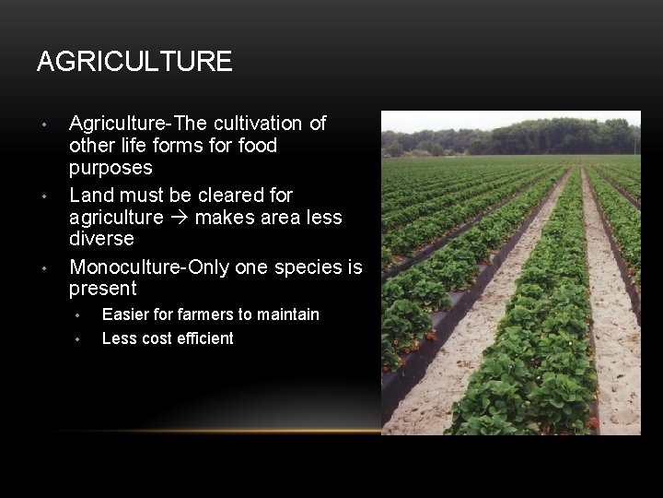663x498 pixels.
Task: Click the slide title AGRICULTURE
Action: (x=134, y=62)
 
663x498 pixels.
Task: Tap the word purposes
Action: (x=110, y=169)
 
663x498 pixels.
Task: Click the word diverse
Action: (x=101, y=239)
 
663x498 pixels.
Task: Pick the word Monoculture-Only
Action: (x=149, y=267)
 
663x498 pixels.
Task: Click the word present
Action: (x=102, y=289)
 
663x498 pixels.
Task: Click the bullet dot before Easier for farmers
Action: (x=79, y=315)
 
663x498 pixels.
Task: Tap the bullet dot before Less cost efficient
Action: (x=79, y=339)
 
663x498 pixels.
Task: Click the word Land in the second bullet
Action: (x=89, y=196)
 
